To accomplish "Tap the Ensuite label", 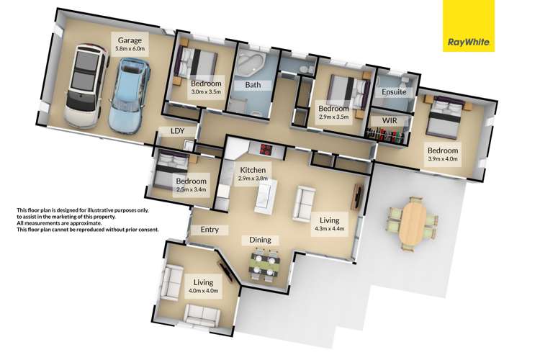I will coord(395,92).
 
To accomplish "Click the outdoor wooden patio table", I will coord(413,222).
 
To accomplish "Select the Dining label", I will coord(260,239).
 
